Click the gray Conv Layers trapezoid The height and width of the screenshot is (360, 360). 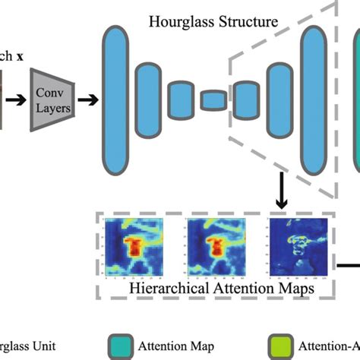(x=53, y=99)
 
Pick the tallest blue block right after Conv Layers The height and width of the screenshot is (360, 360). (x=115, y=99)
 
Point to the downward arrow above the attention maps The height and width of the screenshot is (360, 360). (x=279, y=197)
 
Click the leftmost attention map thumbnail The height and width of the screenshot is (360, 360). (x=134, y=245)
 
